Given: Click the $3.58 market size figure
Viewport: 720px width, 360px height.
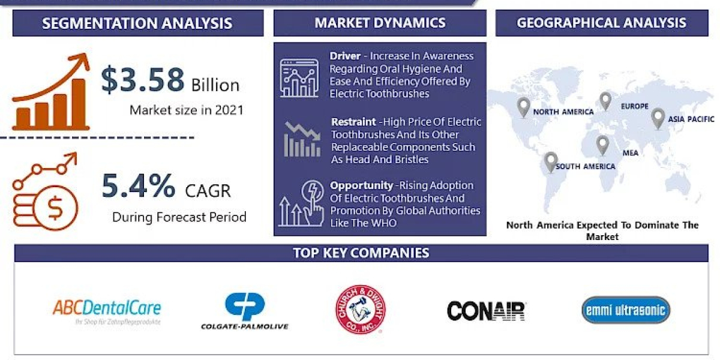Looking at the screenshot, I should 142,80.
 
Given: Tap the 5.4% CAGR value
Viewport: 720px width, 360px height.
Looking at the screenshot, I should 139,187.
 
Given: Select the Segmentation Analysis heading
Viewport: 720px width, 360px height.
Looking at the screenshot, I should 137,24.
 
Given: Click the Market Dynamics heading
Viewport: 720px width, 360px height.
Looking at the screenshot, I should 380,23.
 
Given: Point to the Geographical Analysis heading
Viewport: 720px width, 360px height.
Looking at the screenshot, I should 601,23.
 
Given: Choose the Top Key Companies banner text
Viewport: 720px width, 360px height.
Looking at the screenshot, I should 361,253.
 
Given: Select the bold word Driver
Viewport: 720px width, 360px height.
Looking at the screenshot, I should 344,56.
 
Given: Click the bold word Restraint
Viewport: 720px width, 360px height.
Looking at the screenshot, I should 354,122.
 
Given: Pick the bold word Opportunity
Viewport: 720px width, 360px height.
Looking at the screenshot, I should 360,186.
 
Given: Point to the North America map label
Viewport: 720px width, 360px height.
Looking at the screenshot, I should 563,112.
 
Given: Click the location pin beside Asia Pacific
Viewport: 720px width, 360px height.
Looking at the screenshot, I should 658,118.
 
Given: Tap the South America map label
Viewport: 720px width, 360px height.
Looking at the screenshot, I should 585,166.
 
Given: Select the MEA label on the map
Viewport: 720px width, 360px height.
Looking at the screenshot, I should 630,153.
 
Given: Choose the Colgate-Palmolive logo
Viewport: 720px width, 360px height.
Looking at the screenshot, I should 244,311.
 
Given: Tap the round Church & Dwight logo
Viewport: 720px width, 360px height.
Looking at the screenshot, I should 361,310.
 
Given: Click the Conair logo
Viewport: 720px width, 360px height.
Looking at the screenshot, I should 486,310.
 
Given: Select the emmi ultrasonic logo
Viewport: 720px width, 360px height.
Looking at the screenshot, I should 625,310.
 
